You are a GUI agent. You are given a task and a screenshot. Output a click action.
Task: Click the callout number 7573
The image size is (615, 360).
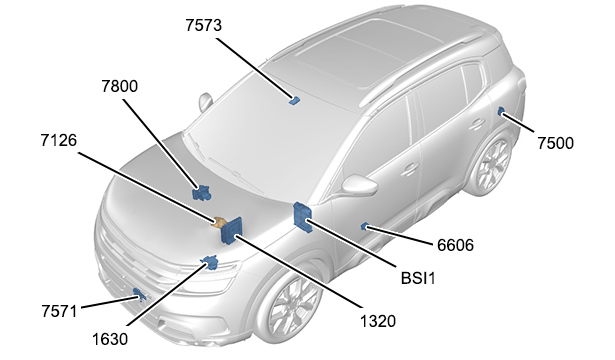(204, 25)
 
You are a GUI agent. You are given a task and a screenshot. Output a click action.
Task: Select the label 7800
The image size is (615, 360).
(120, 86)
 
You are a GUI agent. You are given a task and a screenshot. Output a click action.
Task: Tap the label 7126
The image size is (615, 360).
(59, 140)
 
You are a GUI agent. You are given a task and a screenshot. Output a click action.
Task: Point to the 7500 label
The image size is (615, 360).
(555, 143)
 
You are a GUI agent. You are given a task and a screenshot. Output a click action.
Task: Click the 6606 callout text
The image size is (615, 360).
(455, 245)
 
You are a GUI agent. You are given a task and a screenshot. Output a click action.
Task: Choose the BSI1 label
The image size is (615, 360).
(418, 278)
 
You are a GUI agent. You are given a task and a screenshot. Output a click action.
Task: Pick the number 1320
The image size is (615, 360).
(378, 322)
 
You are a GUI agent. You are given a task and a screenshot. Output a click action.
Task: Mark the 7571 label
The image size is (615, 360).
(59, 311)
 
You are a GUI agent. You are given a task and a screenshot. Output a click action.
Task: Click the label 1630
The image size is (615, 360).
(110, 339)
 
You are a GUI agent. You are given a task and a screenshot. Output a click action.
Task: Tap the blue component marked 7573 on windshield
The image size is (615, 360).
(295, 100)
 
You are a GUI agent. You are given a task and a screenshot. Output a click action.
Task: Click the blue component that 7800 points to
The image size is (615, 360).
(202, 192)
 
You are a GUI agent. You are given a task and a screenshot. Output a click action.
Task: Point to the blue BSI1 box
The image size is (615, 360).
(303, 218)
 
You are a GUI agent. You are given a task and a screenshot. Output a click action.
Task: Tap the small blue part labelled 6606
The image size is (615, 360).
(364, 226)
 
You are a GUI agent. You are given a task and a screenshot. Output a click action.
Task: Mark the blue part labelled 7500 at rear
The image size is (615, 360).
(501, 111)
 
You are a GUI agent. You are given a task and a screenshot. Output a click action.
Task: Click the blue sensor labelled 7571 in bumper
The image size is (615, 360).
(138, 294)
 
